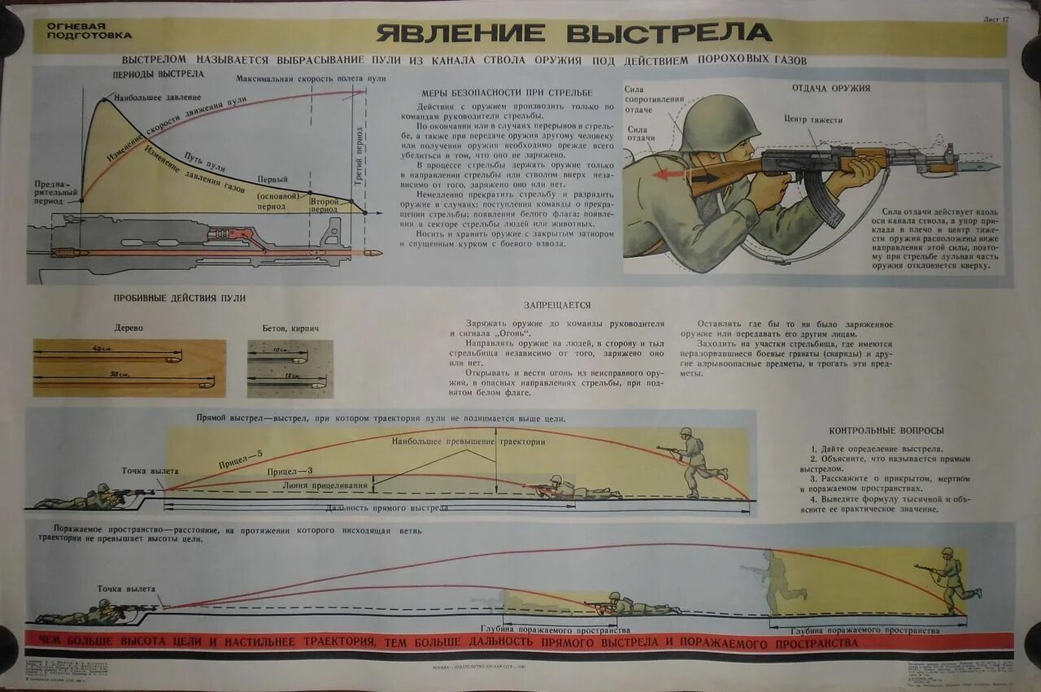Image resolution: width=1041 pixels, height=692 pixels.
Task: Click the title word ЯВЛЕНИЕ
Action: coord(461,33)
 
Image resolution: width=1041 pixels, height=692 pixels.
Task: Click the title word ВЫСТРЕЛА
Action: coord(669,33)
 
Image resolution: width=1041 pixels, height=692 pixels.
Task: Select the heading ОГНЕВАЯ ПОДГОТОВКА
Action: coord(89,31)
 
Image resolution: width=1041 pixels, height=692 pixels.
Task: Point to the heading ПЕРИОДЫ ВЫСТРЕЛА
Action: coord(158,75)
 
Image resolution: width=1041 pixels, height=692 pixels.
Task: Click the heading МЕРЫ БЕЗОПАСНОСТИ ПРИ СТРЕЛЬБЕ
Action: coord(507,93)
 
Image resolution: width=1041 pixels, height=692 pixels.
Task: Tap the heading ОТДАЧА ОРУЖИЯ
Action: coord(831,88)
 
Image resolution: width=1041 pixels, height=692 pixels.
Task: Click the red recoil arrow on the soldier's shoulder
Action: coord(672,173)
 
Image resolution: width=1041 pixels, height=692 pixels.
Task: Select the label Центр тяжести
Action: coord(812,120)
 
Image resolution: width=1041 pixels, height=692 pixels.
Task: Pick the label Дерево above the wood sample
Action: coord(129,328)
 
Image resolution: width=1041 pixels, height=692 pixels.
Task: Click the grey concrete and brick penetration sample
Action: coord(290,368)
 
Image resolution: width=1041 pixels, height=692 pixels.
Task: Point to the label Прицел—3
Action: coord(289,472)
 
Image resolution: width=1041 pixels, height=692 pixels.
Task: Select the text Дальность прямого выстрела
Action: coord(386,507)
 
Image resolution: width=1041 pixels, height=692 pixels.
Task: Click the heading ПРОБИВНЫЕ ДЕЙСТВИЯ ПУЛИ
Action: coord(179,298)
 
